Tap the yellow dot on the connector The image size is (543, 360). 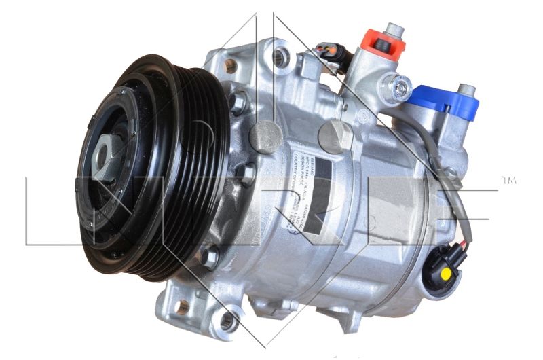click(445, 273)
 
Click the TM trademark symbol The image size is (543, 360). click(508, 181)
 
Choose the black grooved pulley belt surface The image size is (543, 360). click(197, 170)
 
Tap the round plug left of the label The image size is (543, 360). click(265, 135)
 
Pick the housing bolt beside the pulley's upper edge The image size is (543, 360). click(238, 103)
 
